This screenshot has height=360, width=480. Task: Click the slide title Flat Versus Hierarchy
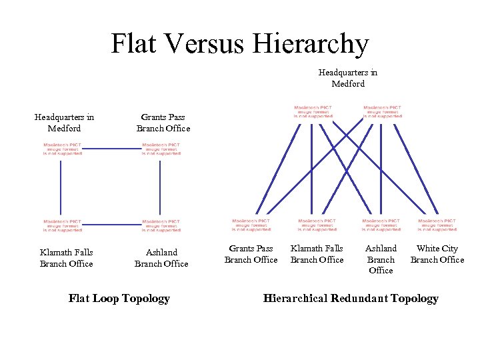click(239, 44)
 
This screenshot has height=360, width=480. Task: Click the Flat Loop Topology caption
click(119, 298)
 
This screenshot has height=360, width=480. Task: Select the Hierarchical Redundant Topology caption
click(351, 298)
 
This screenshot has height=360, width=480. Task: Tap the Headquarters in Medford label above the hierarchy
click(347, 78)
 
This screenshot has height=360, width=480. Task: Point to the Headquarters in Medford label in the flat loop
click(64, 123)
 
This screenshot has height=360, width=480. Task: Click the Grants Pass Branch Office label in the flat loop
click(163, 123)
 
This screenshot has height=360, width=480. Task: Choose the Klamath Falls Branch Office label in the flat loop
click(66, 257)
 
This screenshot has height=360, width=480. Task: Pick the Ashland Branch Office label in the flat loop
click(161, 257)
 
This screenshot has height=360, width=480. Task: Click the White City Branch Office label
click(437, 254)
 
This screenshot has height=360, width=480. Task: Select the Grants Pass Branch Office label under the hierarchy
click(251, 254)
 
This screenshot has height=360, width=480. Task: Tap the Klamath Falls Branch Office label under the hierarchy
click(317, 254)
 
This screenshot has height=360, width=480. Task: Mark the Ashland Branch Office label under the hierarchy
click(381, 259)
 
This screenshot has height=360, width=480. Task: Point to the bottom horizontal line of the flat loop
click(111, 225)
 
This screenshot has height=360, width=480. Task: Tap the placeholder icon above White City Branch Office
click(437, 225)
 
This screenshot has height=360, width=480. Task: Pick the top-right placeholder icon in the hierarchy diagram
click(382, 111)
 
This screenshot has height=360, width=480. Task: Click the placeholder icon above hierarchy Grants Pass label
click(251, 225)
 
